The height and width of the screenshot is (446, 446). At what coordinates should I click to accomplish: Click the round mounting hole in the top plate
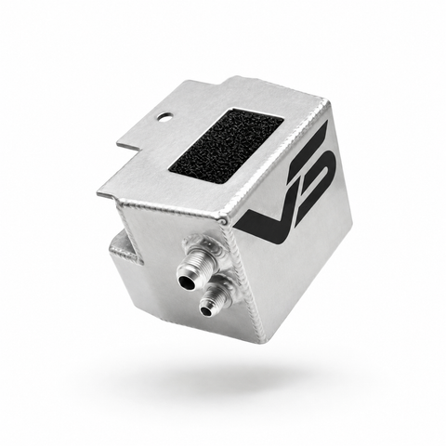pos(164,117)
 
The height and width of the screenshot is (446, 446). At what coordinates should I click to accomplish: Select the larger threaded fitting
pos(195,263)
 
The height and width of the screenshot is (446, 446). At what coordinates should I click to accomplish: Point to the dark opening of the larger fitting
pos(186,281)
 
